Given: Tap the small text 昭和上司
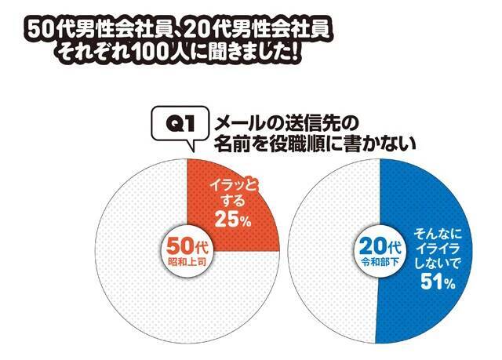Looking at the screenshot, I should point(187,257).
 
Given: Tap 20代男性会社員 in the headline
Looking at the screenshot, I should point(258,30).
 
